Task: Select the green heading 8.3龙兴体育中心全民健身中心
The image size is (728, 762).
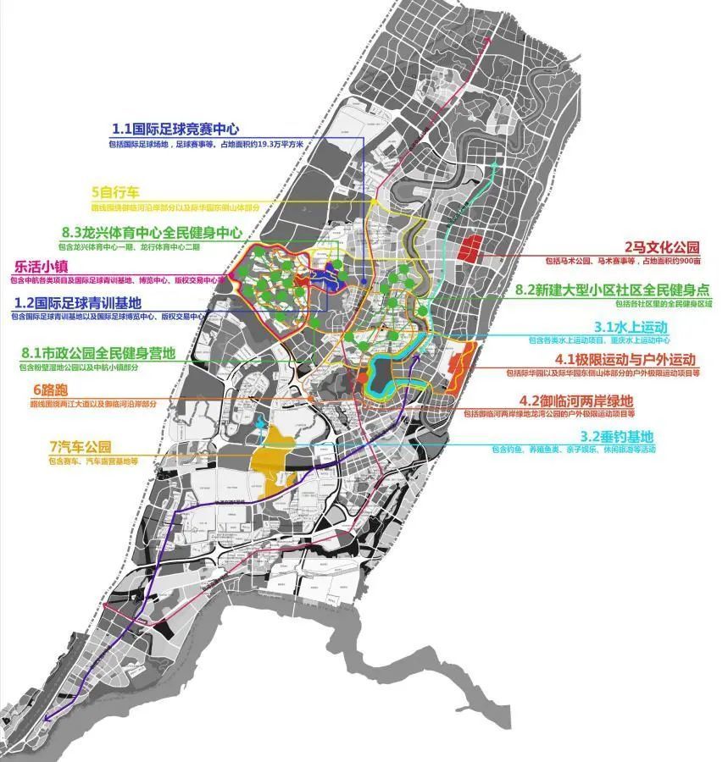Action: pos(152,232)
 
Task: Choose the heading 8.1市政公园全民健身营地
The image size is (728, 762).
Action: pos(99,353)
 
